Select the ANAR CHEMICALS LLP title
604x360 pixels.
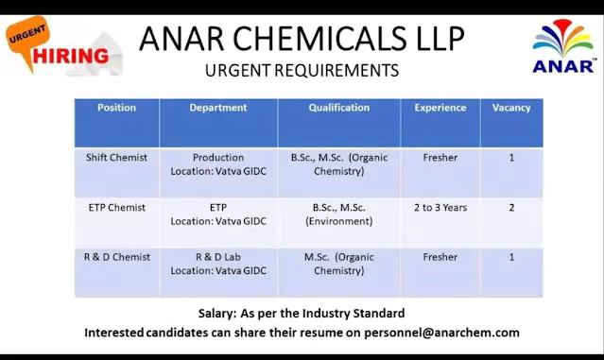302,39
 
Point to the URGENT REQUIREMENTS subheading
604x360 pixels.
302,70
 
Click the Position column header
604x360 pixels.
116,108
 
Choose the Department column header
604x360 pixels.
218,108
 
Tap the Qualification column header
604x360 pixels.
338,108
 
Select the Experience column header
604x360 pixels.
440,108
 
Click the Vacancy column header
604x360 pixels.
511,108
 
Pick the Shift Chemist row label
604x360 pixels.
116,158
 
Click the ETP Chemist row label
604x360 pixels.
116,208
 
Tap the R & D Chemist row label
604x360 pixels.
116,257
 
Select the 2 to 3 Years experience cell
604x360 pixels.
440,208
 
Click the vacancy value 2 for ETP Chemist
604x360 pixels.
511,208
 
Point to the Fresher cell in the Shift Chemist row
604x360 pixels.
440,158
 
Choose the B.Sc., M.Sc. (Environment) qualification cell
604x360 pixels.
338,214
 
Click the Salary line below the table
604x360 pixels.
302,313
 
